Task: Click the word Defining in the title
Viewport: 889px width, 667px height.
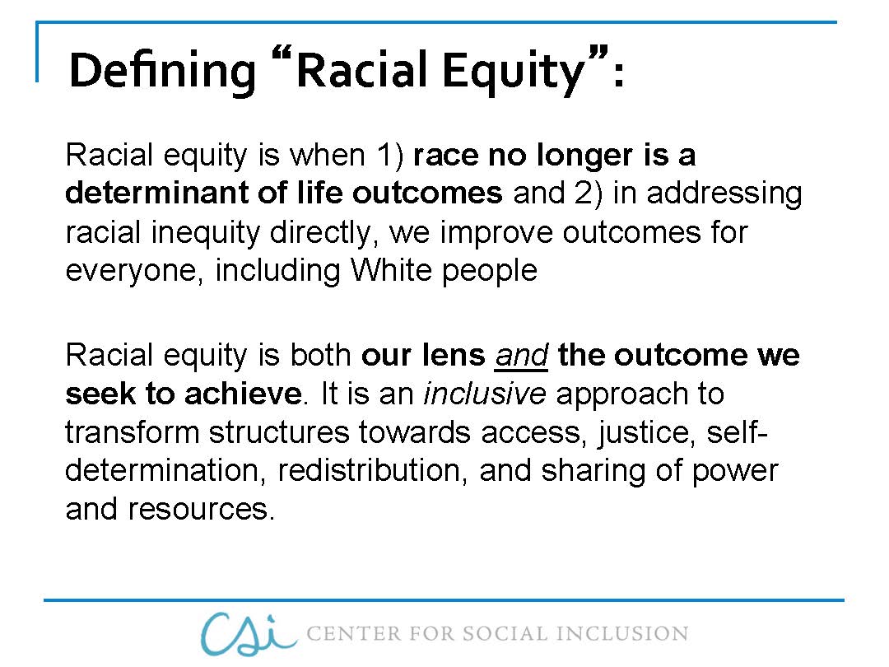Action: point(162,71)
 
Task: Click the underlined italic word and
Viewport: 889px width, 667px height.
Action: point(521,355)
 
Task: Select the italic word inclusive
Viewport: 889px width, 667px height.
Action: point(484,394)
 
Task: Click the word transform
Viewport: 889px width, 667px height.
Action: point(133,432)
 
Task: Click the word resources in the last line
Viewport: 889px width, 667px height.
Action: point(200,510)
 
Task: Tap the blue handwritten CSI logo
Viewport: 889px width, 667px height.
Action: point(247,632)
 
